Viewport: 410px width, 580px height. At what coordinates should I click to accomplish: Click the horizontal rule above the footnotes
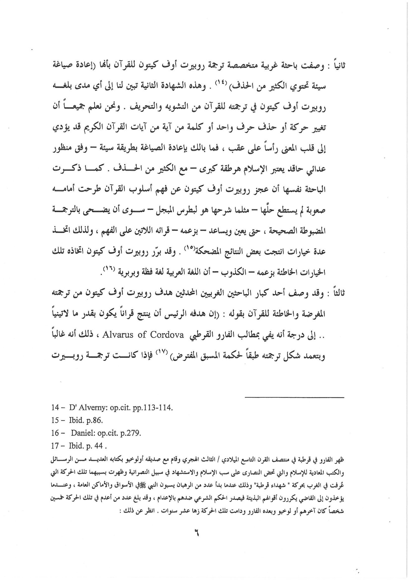click(294, 398)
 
